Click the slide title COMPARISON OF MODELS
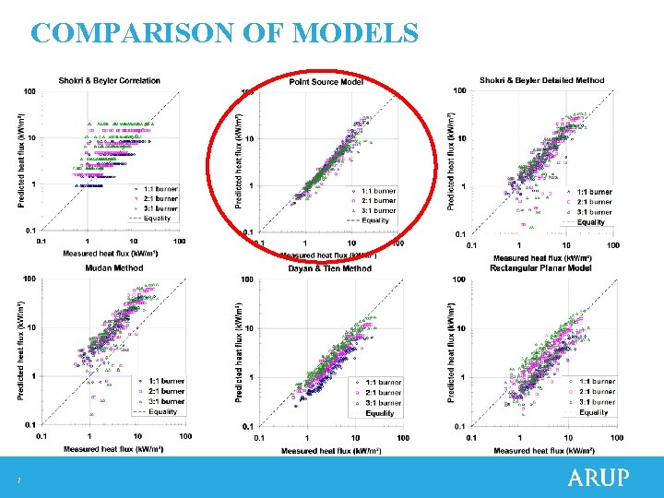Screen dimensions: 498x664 pyautogui.click(x=224, y=34)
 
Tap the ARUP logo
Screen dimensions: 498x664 pyautogui.click(x=598, y=478)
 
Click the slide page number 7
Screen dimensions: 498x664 pyautogui.click(x=18, y=480)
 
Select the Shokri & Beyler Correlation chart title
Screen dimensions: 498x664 pyautogui.click(x=109, y=80)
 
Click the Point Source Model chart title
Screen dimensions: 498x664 pyautogui.click(x=326, y=82)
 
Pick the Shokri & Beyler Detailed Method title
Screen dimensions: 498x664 pyautogui.click(x=542, y=80)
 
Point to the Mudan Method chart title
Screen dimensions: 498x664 pyautogui.click(x=114, y=267)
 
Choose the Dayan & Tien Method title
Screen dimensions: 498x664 pyautogui.click(x=329, y=268)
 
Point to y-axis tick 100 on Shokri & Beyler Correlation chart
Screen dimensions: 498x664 pyautogui.click(x=30, y=91)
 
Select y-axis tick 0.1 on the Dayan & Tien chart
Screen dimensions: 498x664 pyautogui.click(x=246, y=426)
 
